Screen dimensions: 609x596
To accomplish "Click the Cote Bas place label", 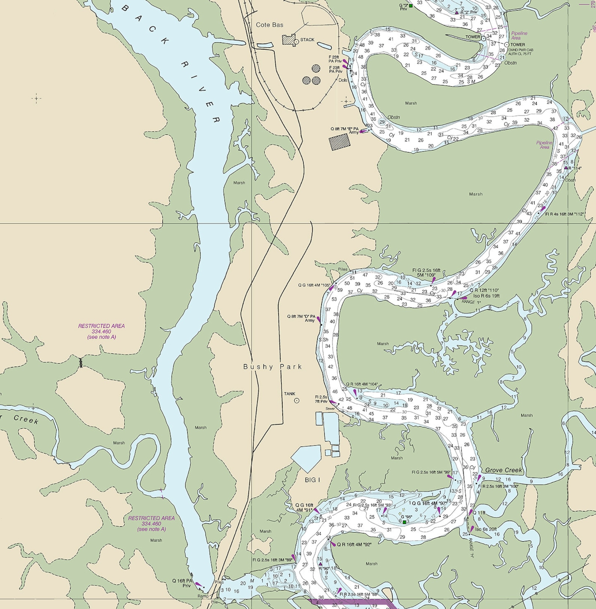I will (x=269, y=25).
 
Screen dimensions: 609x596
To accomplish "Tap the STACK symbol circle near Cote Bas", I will (x=296, y=42).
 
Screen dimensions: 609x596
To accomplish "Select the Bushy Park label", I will (x=272, y=367).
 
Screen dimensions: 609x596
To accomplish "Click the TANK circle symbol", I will (x=296, y=401).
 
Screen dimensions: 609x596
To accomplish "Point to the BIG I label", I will (x=312, y=480).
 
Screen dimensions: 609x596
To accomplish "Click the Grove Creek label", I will (x=503, y=470).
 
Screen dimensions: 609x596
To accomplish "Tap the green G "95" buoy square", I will (x=404, y=522).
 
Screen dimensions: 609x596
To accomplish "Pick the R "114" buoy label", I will (x=575, y=168).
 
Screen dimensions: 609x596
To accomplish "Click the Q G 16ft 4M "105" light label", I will (x=314, y=285).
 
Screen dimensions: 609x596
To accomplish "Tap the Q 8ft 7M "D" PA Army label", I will (x=301, y=318).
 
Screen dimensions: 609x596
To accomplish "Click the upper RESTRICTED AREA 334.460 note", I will (x=101, y=331).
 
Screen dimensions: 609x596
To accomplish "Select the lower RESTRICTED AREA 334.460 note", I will (x=151, y=523).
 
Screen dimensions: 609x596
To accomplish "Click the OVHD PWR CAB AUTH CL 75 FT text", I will (x=521, y=52).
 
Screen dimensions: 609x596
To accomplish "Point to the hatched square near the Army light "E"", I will (x=339, y=142).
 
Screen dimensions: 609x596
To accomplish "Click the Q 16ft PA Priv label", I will (x=182, y=583).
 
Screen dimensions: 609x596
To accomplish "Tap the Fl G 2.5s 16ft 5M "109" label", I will (x=426, y=273).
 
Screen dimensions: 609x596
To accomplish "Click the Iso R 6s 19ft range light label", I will (x=486, y=296).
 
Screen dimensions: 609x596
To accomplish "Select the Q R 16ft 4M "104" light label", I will (x=361, y=384).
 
